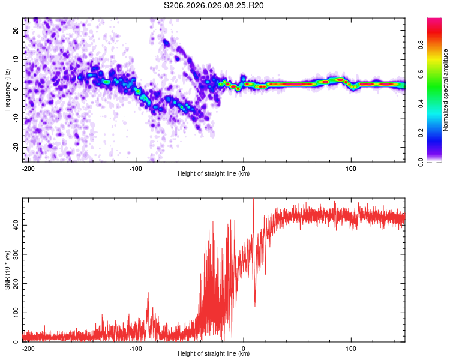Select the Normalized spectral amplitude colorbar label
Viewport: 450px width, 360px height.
[x=446, y=90]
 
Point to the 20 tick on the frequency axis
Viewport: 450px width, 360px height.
[x=16, y=30]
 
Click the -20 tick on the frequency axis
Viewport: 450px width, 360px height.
[x=15, y=147]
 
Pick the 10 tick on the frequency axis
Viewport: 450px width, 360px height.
[x=16, y=59]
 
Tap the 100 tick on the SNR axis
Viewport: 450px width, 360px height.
[x=14, y=313]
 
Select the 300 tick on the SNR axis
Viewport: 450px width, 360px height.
[x=14, y=254]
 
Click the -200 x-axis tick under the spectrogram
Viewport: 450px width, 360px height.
[x=28, y=168]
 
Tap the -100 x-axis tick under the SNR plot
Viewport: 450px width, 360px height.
[x=136, y=348]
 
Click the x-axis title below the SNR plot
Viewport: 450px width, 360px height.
[x=214, y=354]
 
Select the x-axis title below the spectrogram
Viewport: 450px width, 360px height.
[x=214, y=174]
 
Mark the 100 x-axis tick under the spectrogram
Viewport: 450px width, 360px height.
[x=351, y=168]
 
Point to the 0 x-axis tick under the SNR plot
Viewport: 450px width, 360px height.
[x=244, y=348]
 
